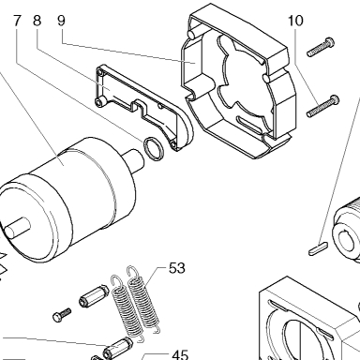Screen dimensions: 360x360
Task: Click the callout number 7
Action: tap(17, 21)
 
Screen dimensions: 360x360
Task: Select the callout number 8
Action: tap(37, 21)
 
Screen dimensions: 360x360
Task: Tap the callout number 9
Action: tap(61, 21)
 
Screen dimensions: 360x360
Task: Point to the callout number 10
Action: tap(295, 21)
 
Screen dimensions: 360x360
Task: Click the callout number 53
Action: tap(177, 268)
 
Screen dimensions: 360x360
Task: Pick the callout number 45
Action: tap(180, 355)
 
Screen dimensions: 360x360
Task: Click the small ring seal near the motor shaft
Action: tap(153, 148)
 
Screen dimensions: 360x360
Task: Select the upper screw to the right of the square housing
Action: tap(321, 47)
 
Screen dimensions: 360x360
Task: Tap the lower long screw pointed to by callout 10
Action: tap(322, 106)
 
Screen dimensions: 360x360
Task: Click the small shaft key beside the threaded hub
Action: tap(318, 247)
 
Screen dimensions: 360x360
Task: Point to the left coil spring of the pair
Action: tap(127, 307)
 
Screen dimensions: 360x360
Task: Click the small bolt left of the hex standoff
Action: tap(62, 315)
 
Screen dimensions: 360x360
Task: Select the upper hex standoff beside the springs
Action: tap(94, 295)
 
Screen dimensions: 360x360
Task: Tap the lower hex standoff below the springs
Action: tap(119, 349)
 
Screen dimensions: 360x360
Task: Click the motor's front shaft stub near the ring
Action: tap(134, 158)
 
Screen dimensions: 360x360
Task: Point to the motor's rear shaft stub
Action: tap(16, 229)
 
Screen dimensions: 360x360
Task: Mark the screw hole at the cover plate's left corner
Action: tap(100, 102)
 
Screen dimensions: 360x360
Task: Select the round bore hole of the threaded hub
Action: tap(348, 241)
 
